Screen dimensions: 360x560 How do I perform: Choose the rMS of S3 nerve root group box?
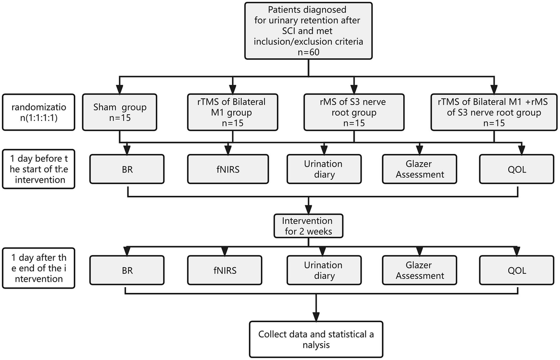pos(354,112)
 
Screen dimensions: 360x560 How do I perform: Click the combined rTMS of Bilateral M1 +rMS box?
pos(494,112)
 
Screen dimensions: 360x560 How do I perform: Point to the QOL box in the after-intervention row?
pos(516,270)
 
